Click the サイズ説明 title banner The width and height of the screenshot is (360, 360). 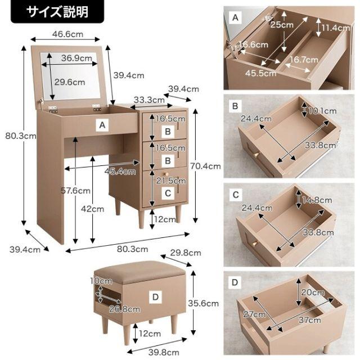pos(57,12)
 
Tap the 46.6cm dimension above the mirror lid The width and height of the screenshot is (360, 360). pos(67,34)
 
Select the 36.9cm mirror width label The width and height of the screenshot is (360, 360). pos(76,58)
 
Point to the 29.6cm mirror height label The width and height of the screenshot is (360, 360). pos(70,82)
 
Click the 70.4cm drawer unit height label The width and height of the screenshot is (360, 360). pos(205,166)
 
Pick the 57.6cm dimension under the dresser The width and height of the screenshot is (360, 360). pos(75,191)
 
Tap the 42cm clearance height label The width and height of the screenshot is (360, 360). pos(92,209)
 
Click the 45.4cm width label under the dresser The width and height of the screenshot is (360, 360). pos(120,171)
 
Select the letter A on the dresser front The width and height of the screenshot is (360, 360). pos(102,125)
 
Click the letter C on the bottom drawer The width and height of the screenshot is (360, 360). pos(168,193)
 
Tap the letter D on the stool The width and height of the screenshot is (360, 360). pos(155,297)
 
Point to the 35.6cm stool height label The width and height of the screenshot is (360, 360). pos(204,304)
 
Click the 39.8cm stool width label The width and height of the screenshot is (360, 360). pos(164,352)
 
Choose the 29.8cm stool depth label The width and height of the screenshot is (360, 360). pos(186,253)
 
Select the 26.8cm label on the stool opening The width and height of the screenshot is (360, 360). pos(124,309)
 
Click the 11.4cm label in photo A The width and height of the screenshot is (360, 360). pos(335,28)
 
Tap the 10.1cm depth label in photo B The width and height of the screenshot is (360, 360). pos(322,111)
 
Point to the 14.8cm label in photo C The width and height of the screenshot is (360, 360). pos(317,200)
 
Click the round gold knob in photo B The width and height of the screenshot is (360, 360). pos(256,155)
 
